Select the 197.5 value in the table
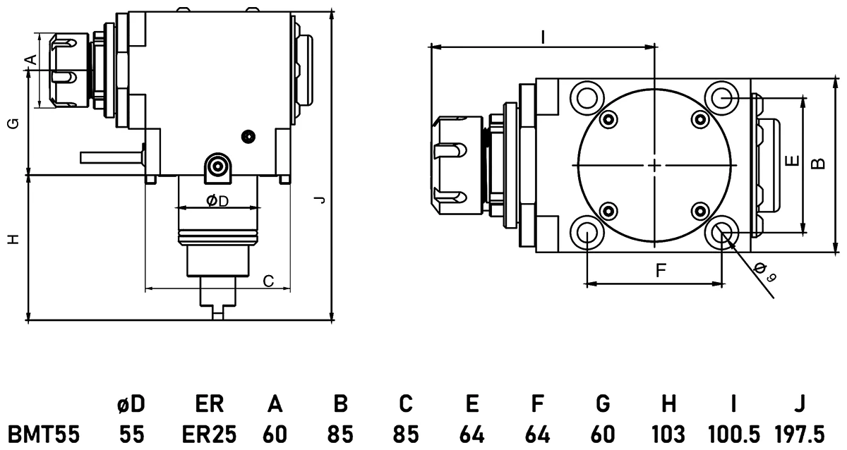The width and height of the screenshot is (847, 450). pyautogui.click(x=799, y=432)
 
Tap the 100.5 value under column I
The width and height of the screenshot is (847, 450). pyautogui.click(x=733, y=432)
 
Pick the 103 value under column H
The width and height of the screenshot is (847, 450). pyautogui.click(x=668, y=432)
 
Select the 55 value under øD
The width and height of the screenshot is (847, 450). pyautogui.click(x=131, y=432)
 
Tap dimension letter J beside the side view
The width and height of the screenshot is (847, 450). pyautogui.click(x=320, y=201)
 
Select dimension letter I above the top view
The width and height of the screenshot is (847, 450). pyautogui.click(x=542, y=37)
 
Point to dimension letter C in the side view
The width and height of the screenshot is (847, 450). pyautogui.click(x=268, y=281)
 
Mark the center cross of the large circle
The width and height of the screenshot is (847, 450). pyautogui.click(x=655, y=165)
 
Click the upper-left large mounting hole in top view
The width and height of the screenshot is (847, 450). pyautogui.click(x=587, y=96)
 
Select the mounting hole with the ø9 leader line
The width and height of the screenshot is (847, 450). pyautogui.click(x=722, y=233)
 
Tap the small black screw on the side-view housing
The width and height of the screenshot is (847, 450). pyautogui.click(x=246, y=135)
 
